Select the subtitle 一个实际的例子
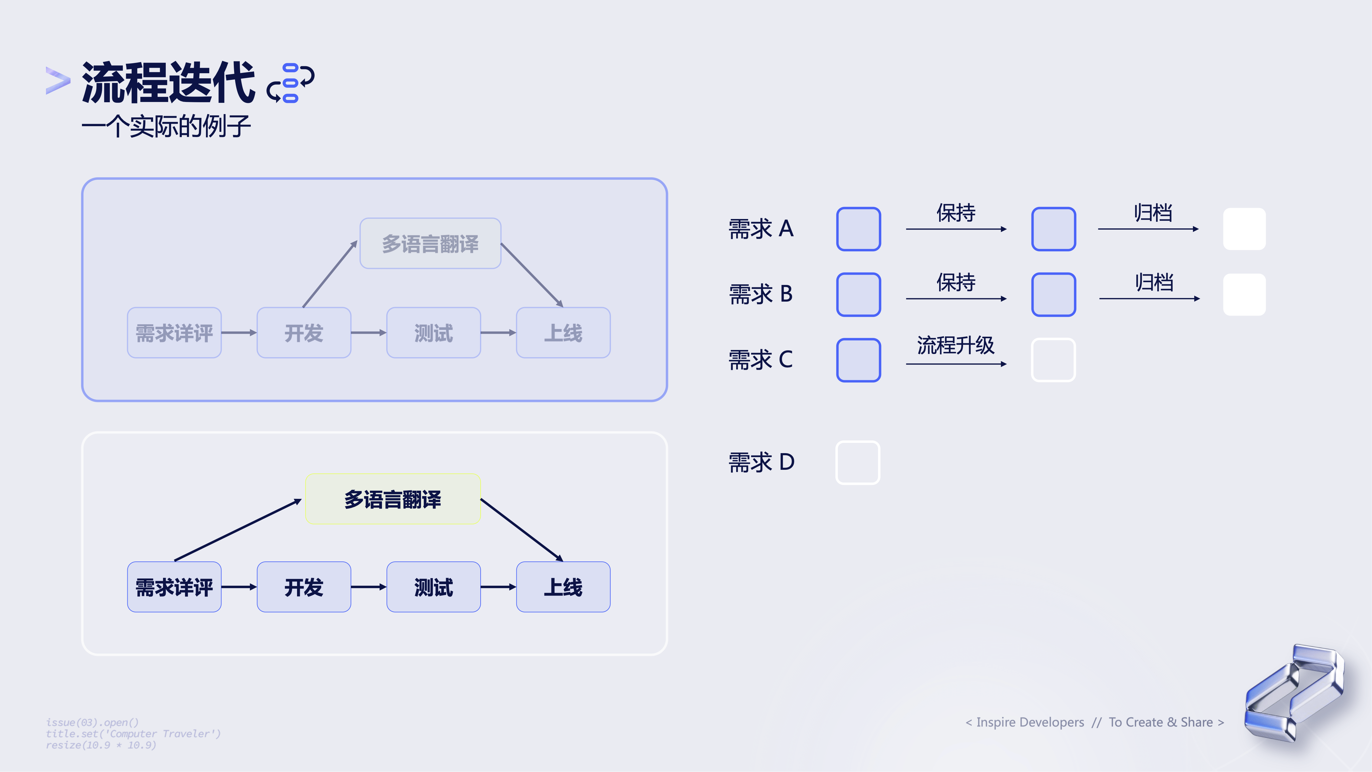click(166, 126)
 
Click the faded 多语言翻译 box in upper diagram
click(430, 244)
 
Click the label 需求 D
click(762, 462)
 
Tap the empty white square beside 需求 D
click(858, 463)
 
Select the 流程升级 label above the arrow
click(956, 345)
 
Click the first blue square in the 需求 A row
click(859, 229)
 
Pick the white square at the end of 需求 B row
click(1244, 295)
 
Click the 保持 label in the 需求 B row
click(956, 282)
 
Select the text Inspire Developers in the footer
click(1030, 722)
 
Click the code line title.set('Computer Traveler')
click(133, 734)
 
